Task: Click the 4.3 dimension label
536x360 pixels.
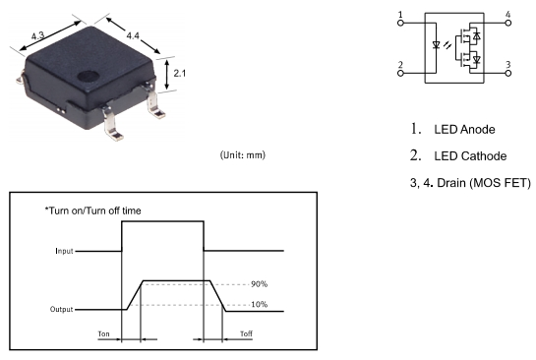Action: click(37, 35)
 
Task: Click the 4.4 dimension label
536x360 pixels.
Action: click(133, 35)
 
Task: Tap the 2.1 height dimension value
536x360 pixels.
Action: click(179, 73)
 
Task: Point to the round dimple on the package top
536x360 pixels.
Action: click(88, 76)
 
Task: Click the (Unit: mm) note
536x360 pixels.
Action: click(242, 155)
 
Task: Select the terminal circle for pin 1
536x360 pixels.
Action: click(400, 23)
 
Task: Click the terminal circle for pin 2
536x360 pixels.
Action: click(400, 73)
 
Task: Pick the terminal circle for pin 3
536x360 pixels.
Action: click(508, 73)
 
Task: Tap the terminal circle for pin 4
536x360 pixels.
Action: click(508, 23)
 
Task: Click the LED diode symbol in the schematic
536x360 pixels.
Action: click(436, 45)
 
